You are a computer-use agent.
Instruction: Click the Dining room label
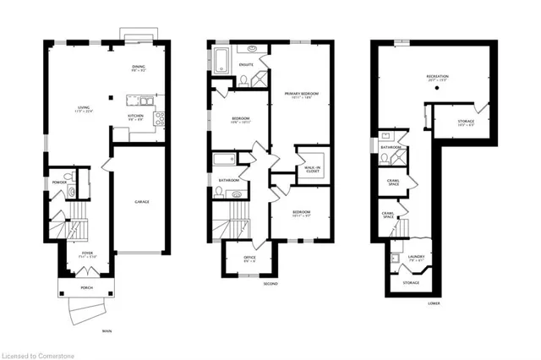pos(139,68)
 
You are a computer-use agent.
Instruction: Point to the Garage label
pos(142,201)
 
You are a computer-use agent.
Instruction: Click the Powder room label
pos(59,182)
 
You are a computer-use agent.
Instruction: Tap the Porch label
pos(88,287)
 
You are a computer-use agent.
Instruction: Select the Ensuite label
pos(247,63)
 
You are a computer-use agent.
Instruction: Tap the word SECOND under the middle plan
pos(270,283)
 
